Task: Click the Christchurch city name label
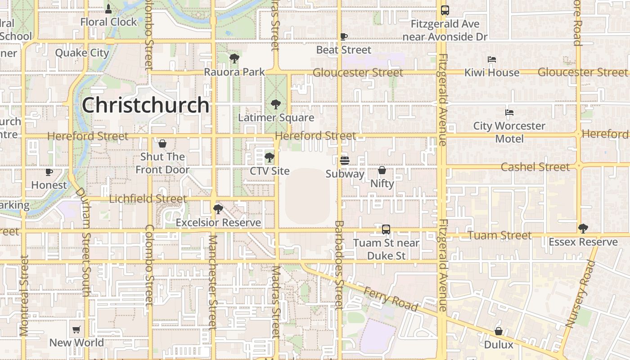(145, 105)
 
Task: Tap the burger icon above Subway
(345, 160)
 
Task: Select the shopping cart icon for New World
(76, 330)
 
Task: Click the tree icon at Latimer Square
(276, 105)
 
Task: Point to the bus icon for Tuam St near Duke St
(386, 229)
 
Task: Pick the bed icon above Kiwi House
(492, 59)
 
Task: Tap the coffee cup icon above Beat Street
(344, 37)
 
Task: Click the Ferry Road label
(390, 298)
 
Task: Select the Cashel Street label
(535, 167)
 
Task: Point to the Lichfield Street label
(148, 198)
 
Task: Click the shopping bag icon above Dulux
(499, 331)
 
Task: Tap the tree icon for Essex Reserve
(583, 229)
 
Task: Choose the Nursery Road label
(580, 293)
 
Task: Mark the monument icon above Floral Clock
(108, 9)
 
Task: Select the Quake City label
(82, 53)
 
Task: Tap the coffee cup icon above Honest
(49, 172)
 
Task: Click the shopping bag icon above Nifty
(382, 170)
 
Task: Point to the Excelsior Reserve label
(218, 222)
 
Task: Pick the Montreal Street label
(24, 295)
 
